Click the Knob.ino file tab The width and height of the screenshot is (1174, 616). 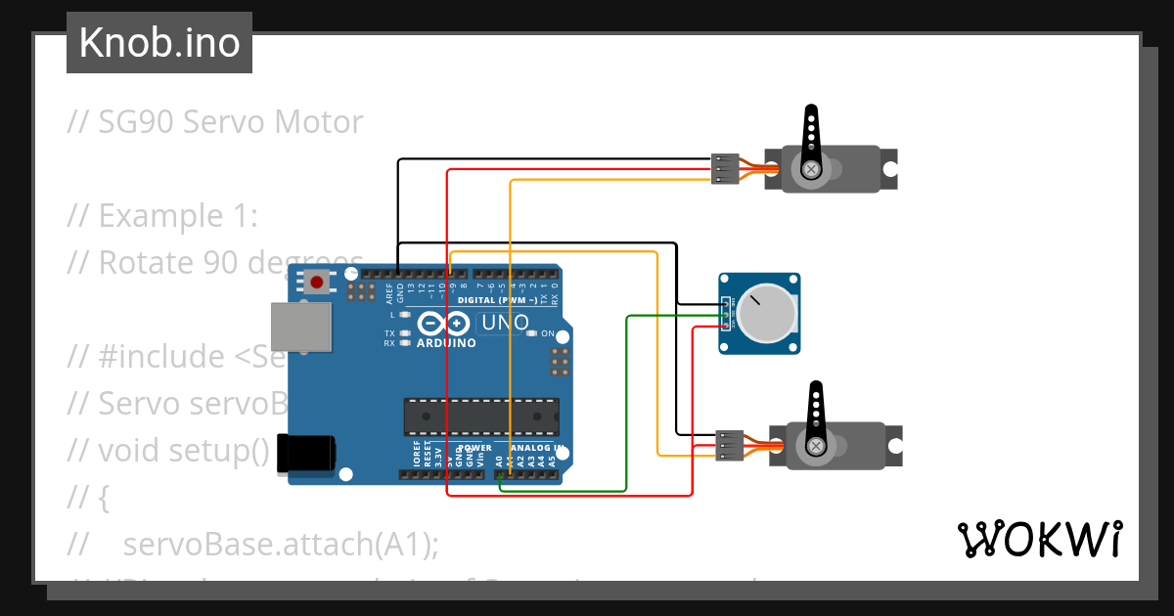(158, 43)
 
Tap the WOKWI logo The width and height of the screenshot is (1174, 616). (1039, 539)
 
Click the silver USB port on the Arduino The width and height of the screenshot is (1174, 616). (301, 327)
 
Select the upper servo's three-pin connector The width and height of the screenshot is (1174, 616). (724, 168)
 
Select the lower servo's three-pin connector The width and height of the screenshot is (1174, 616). (729, 445)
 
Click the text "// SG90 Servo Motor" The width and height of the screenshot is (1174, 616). (215, 122)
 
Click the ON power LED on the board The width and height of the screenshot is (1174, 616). (532, 333)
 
